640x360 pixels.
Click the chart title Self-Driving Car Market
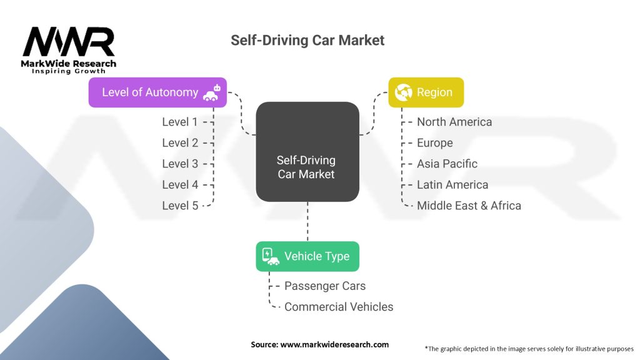[307, 41]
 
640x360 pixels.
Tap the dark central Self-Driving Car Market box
[307, 152]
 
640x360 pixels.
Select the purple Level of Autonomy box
[157, 92]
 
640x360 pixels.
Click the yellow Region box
[426, 92]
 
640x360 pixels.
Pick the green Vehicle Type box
[307, 256]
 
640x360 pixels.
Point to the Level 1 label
[180, 122]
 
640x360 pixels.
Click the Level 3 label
[180, 164]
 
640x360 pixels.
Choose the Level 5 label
[180, 206]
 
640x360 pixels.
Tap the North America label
[454, 122]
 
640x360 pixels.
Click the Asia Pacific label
[447, 164]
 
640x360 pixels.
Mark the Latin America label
[452, 185]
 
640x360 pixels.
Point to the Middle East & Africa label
[469, 206]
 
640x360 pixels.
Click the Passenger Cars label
[325, 286]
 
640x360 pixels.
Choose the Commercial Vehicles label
[339, 307]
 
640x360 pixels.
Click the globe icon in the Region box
[403, 92]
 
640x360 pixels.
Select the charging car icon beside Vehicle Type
[270, 256]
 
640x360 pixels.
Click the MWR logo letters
[69, 42]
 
